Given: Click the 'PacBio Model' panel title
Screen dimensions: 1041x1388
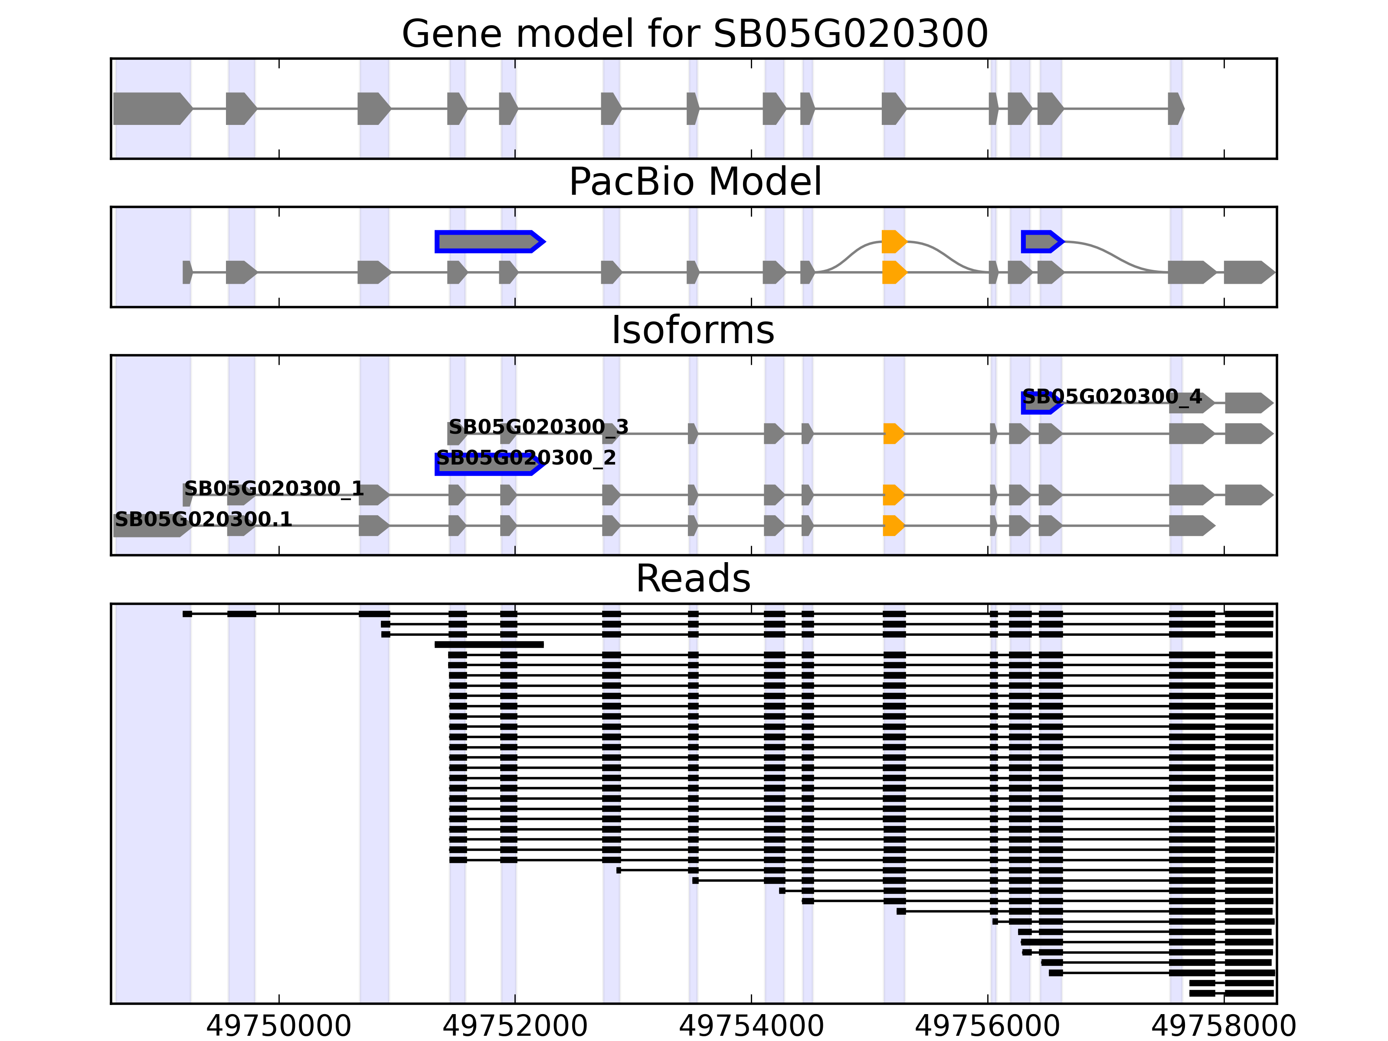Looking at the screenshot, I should tap(694, 182).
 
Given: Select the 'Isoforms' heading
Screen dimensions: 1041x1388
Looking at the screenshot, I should tap(693, 330).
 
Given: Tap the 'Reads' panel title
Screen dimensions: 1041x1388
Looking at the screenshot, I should tap(693, 579).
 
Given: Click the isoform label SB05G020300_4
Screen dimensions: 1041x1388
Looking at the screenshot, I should tap(1112, 397).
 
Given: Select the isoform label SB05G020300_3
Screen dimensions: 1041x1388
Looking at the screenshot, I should tap(538, 427).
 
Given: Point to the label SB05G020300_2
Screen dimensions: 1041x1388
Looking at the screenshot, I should tap(526, 458).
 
